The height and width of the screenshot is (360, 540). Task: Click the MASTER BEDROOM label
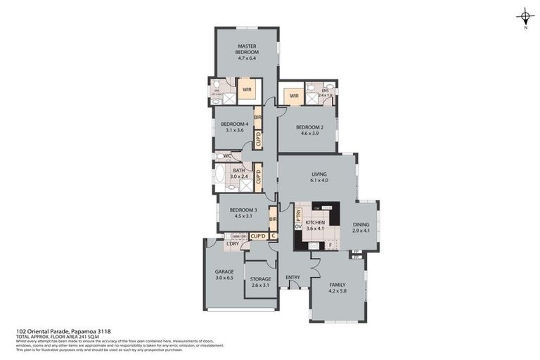click(x=247, y=49)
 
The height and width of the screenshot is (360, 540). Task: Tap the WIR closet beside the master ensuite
click(x=247, y=89)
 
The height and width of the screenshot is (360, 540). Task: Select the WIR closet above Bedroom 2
click(x=294, y=96)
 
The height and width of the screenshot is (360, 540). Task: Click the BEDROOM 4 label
click(x=230, y=124)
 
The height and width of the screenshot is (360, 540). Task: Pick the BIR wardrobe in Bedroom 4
click(x=258, y=117)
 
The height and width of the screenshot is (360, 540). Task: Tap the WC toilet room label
click(x=226, y=156)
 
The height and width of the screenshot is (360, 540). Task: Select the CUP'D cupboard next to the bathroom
click(x=258, y=177)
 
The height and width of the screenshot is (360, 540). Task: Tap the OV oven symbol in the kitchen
click(x=297, y=227)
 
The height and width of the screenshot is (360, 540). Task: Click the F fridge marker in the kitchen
click(x=330, y=245)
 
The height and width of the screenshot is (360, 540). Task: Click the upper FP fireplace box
click(x=357, y=252)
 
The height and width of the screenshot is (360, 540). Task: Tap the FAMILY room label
click(x=337, y=285)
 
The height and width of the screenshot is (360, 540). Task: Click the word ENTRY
click(x=292, y=277)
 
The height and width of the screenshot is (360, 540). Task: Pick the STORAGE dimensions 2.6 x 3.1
click(x=260, y=285)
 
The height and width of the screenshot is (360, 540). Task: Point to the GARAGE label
click(x=224, y=271)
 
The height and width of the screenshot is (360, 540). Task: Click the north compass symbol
click(x=525, y=17)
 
